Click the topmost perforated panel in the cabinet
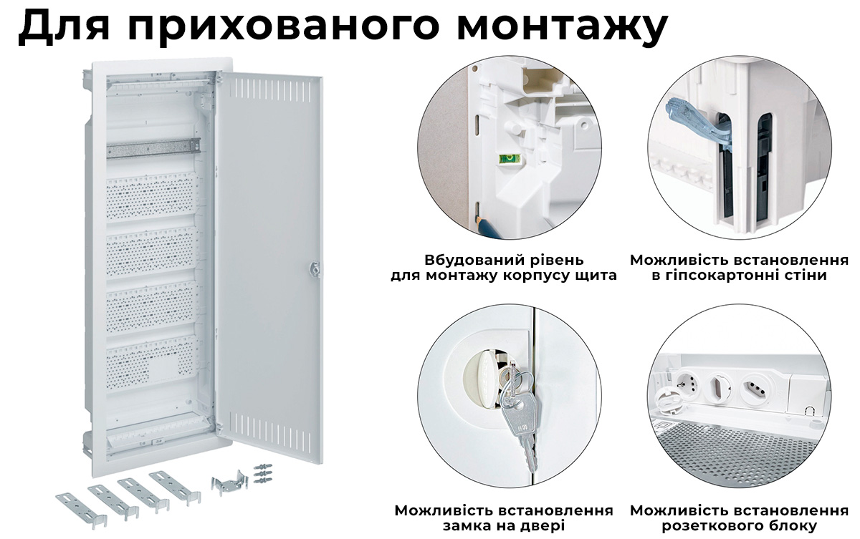pyautogui.click(x=152, y=195)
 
